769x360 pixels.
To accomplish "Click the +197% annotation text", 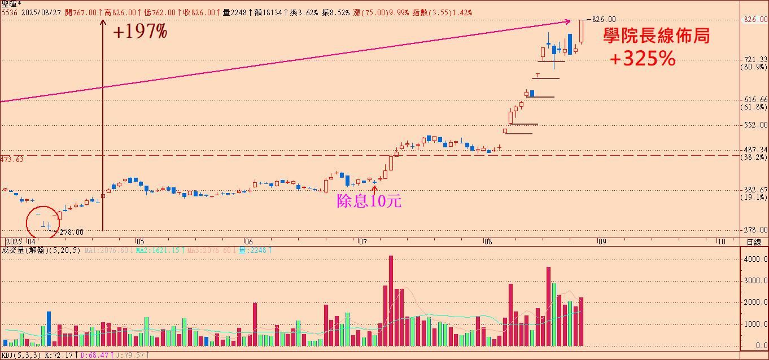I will pyautogui.click(x=140, y=32).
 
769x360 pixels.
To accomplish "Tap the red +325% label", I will pyautogui.click(x=643, y=59).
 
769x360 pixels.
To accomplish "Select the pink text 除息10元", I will pyautogui.click(x=369, y=201).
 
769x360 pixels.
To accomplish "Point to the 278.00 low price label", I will pyautogui.click(x=71, y=232).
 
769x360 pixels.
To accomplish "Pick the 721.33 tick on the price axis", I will pyautogui.click(x=754, y=59).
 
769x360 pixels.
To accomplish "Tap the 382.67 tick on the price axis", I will pyautogui.click(x=754, y=190).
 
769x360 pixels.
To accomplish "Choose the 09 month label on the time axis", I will pyautogui.click(x=602, y=241).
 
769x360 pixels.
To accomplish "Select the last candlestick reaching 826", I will pyautogui.click(x=581, y=31).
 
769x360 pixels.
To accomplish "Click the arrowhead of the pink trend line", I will pyautogui.click(x=569, y=22).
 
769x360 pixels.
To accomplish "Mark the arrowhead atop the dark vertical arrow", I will pyautogui.click(x=103, y=23).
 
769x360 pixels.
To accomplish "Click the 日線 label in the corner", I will pyautogui.click(x=754, y=242).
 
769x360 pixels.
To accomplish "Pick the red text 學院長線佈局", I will pyautogui.click(x=657, y=36).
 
